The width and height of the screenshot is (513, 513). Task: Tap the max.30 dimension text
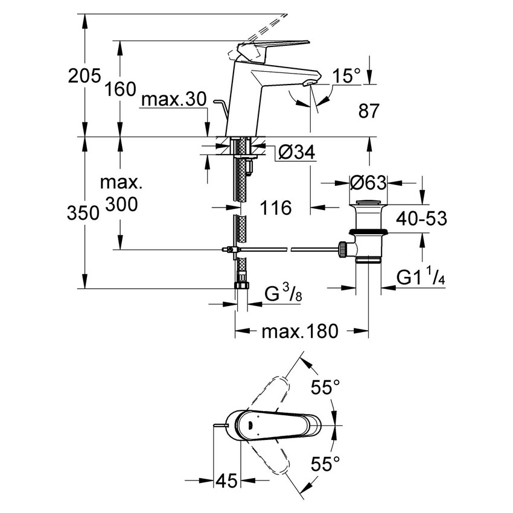(x=173, y=100)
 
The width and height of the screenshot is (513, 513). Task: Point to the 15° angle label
(x=346, y=75)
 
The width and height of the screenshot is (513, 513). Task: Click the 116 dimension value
(x=275, y=208)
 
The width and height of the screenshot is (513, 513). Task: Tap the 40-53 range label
(x=422, y=218)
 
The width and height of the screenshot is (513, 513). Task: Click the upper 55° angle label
(x=327, y=387)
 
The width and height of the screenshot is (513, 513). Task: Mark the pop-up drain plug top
(x=368, y=201)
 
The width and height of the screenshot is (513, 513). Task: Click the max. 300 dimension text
(x=120, y=193)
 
